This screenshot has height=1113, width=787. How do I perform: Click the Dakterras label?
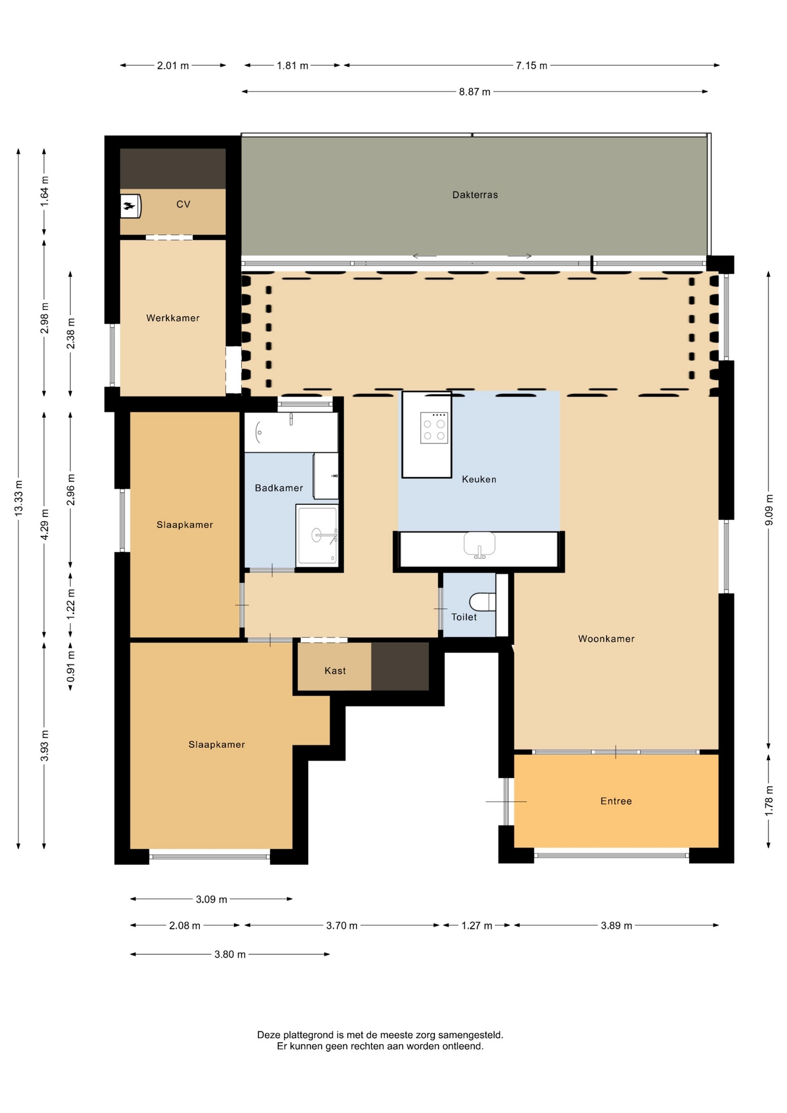475,195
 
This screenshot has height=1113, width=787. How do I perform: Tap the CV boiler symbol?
130,206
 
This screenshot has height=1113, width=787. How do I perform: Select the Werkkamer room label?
173,318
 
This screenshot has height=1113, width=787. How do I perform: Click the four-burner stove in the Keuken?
434,428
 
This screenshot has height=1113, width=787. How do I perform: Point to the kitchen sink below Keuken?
479,545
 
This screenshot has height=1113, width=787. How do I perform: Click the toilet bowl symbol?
483,602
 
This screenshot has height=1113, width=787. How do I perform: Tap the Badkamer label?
279,488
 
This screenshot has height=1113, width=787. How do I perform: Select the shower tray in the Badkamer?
317,535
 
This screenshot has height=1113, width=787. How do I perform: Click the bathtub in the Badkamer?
291,432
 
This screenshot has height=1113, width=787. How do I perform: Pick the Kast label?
335,671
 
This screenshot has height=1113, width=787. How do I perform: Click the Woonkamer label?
606,639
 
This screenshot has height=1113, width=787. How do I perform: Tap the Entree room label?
616,801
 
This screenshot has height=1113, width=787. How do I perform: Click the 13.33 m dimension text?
19,499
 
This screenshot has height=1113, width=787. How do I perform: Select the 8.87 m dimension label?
475,92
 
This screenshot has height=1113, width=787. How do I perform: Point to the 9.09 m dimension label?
769,510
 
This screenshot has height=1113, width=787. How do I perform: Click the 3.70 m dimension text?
341,926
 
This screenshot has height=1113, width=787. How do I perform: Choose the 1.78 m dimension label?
769,801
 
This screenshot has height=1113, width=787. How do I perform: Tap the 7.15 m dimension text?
531,66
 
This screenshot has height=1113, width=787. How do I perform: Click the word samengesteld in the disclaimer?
470,1035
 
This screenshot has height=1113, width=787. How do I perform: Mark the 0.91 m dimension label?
71,667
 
